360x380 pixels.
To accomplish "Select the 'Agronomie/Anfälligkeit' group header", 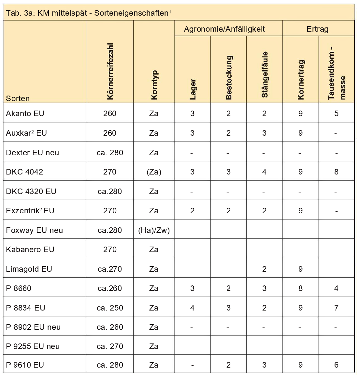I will click(x=224, y=29).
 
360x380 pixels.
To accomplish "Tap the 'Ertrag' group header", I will click(x=317, y=29).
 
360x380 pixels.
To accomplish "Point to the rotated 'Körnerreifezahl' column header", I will click(x=110, y=71).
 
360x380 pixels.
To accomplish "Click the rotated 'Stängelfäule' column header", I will click(x=265, y=75).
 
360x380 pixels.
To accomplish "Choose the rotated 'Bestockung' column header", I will click(x=229, y=78).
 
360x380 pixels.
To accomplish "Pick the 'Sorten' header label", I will click(x=18, y=99).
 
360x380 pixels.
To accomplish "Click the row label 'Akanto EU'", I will click(x=25, y=114).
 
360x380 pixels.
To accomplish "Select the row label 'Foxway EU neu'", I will click(x=35, y=230).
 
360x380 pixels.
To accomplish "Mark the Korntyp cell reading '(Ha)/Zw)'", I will click(x=154, y=230).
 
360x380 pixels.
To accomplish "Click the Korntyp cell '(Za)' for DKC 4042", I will click(x=154, y=172).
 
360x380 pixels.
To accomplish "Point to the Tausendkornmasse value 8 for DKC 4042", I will click(x=336, y=172).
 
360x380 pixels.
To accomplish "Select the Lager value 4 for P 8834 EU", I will click(x=192, y=308).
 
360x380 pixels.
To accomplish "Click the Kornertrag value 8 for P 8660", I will click(x=300, y=288).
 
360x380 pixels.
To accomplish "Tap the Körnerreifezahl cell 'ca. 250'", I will click(x=110, y=308).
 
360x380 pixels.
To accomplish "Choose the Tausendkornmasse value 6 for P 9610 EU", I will click(x=336, y=365).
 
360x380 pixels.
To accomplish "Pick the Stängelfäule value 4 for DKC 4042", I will click(x=264, y=172).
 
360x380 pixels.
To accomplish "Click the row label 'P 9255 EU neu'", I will click(x=33, y=346).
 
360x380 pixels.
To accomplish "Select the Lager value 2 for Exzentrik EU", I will click(x=192, y=211).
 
